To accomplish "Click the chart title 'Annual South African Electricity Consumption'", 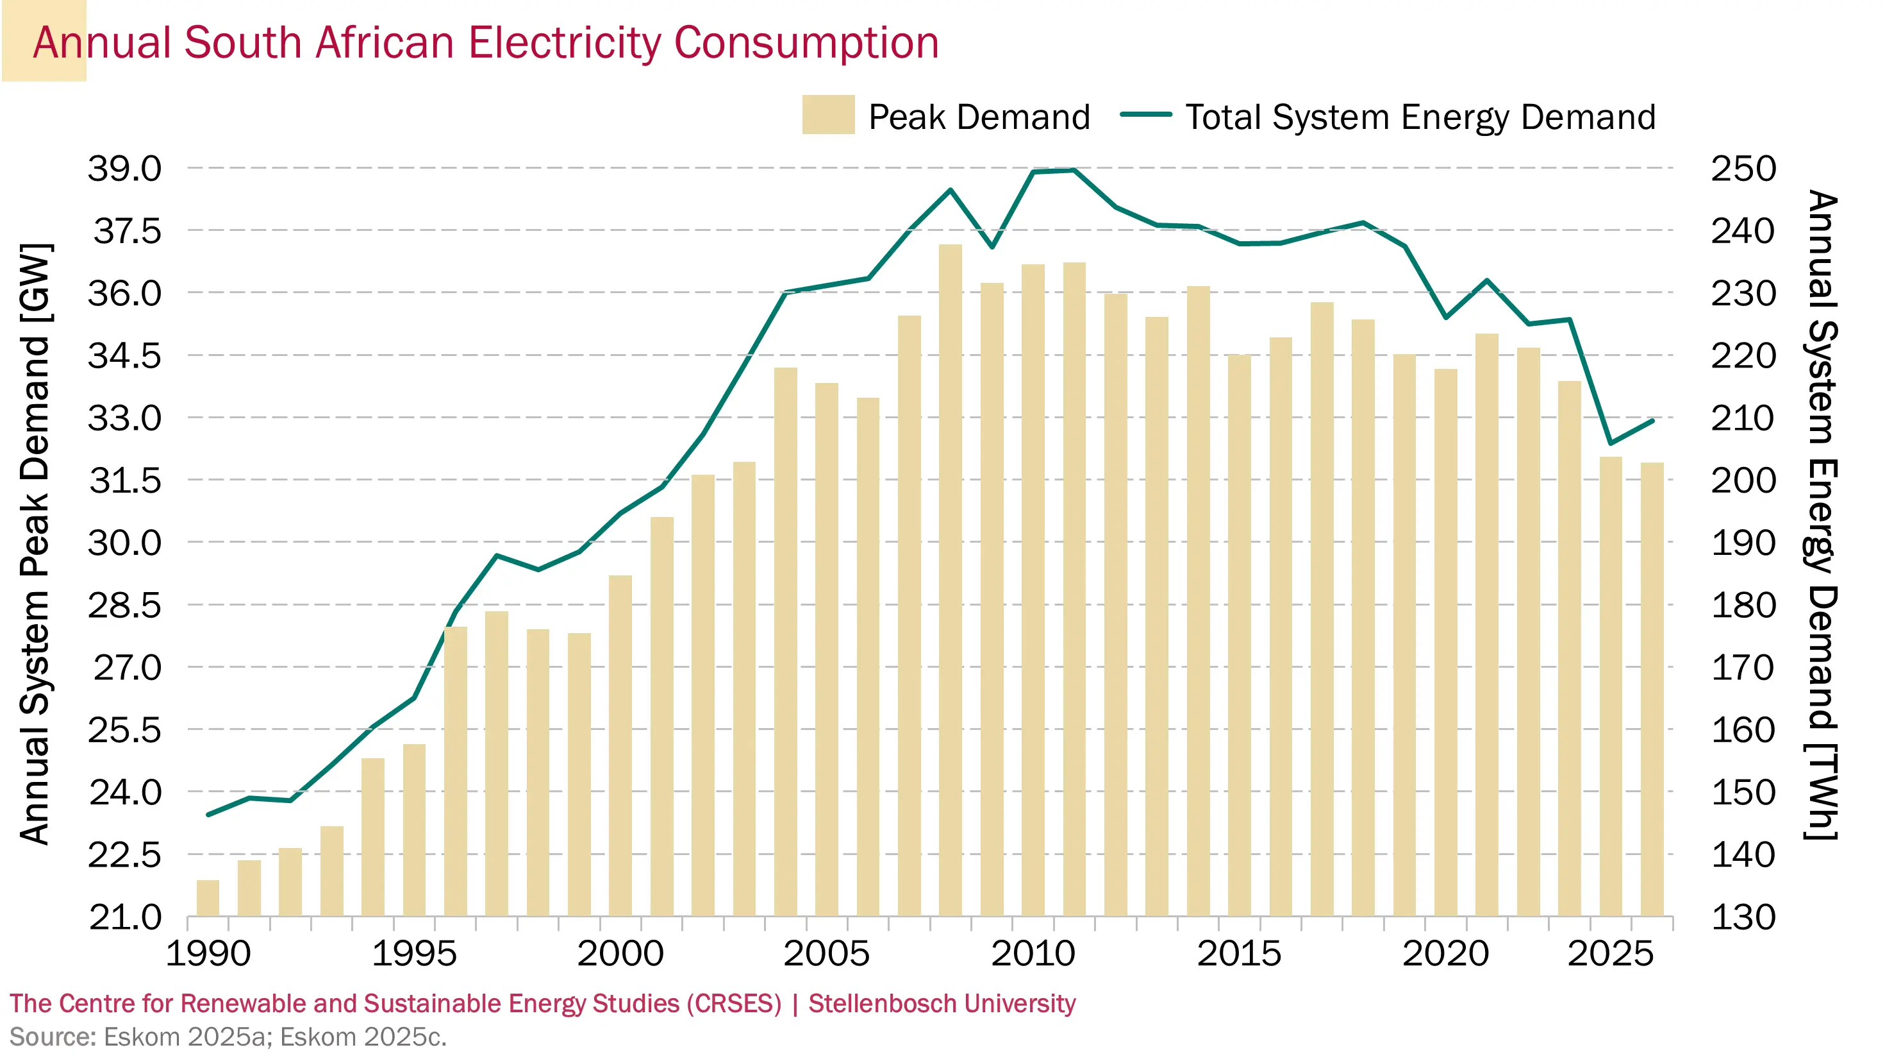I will pyautogui.click(x=486, y=42).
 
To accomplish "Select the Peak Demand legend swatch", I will pyautogui.click(x=827, y=115).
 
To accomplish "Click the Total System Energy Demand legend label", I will pyautogui.click(x=1420, y=117).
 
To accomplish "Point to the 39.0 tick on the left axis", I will pyautogui.click(x=124, y=169).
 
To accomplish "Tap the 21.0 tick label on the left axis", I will pyautogui.click(x=124, y=917).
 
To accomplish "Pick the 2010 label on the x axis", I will pyautogui.click(x=1033, y=953).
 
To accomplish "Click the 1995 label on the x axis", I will pyautogui.click(x=414, y=953).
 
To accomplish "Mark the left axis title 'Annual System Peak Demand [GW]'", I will pyautogui.click(x=35, y=543).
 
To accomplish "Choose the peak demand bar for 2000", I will pyautogui.click(x=620, y=745).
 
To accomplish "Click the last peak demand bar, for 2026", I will pyautogui.click(x=1652, y=689).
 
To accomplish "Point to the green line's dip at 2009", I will pyautogui.click(x=992, y=247).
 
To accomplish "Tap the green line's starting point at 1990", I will pyautogui.click(x=208, y=814).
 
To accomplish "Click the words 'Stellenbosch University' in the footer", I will pyautogui.click(x=941, y=1003).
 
